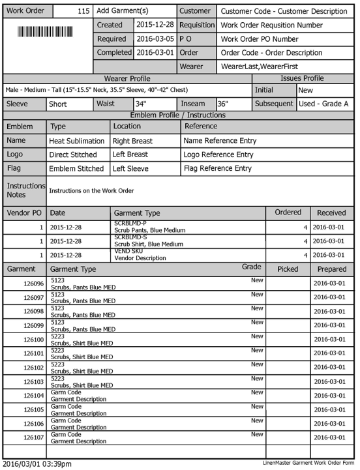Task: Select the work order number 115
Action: [x=83, y=11]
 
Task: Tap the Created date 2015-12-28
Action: [x=155, y=25]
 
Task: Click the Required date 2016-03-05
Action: [x=155, y=38]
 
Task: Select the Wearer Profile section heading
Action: [x=127, y=79]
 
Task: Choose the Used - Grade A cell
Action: [x=323, y=104]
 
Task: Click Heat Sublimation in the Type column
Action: [x=77, y=141]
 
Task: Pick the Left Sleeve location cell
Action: [x=130, y=168]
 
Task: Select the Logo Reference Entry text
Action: [x=218, y=154]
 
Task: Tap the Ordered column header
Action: [x=288, y=213]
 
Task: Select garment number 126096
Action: [x=33, y=284]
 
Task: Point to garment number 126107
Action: [x=33, y=437]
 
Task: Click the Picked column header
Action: [x=288, y=269]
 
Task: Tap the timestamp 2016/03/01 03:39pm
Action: [x=37, y=464]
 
